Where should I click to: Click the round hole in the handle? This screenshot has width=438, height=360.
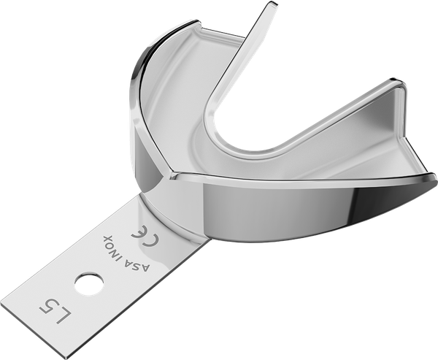coord(89,284)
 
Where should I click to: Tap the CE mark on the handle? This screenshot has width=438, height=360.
coord(145,236)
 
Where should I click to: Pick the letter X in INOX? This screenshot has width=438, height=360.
coord(107,238)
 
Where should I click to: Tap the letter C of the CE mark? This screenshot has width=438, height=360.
coord(151,240)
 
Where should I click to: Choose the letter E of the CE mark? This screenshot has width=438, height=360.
coord(139,231)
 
